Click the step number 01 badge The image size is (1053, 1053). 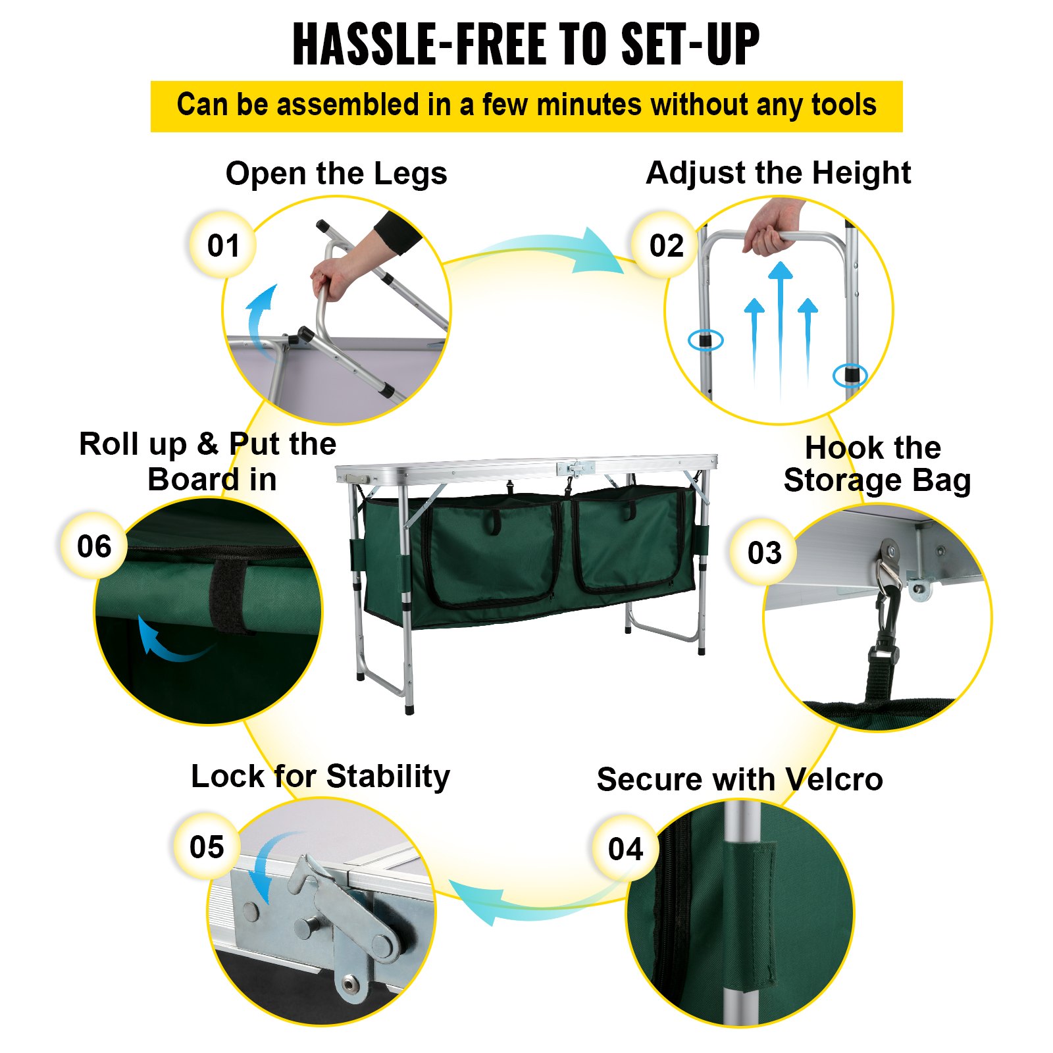point(222,245)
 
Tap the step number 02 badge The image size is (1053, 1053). point(665,245)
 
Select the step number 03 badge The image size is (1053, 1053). point(763,552)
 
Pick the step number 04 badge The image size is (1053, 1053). point(625,848)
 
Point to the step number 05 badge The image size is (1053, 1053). point(207,846)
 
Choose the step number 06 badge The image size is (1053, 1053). point(94,546)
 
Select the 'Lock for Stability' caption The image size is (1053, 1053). point(321,777)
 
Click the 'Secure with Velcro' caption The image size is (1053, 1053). point(740,780)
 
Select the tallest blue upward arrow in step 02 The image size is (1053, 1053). point(781,329)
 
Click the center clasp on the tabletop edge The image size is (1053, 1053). point(576,468)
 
